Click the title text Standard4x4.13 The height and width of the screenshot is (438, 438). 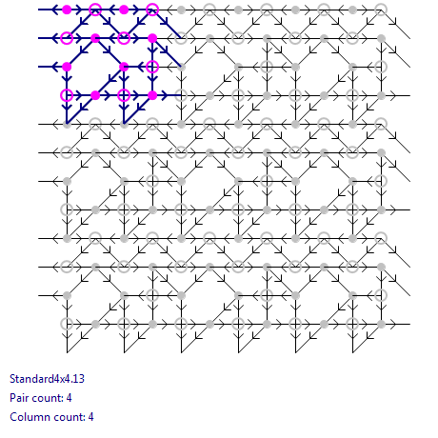(47, 379)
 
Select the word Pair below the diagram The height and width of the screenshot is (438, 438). (19, 398)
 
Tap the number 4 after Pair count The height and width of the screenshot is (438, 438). (70, 398)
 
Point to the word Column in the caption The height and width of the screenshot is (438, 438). (27, 417)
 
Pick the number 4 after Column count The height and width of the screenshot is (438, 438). (90, 417)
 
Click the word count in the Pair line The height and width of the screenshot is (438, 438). (47, 398)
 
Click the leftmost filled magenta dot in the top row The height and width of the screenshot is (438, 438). (67, 10)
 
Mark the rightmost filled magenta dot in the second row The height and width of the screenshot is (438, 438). (152, 38)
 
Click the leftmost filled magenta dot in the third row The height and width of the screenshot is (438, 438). (67, 67)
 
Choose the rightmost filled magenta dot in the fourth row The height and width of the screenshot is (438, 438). (152, 95)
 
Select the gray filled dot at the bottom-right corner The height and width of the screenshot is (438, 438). (381, 324)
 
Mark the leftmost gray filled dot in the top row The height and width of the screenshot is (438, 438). (181, 10)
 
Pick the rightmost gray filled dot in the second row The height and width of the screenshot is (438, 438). (381, 38)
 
